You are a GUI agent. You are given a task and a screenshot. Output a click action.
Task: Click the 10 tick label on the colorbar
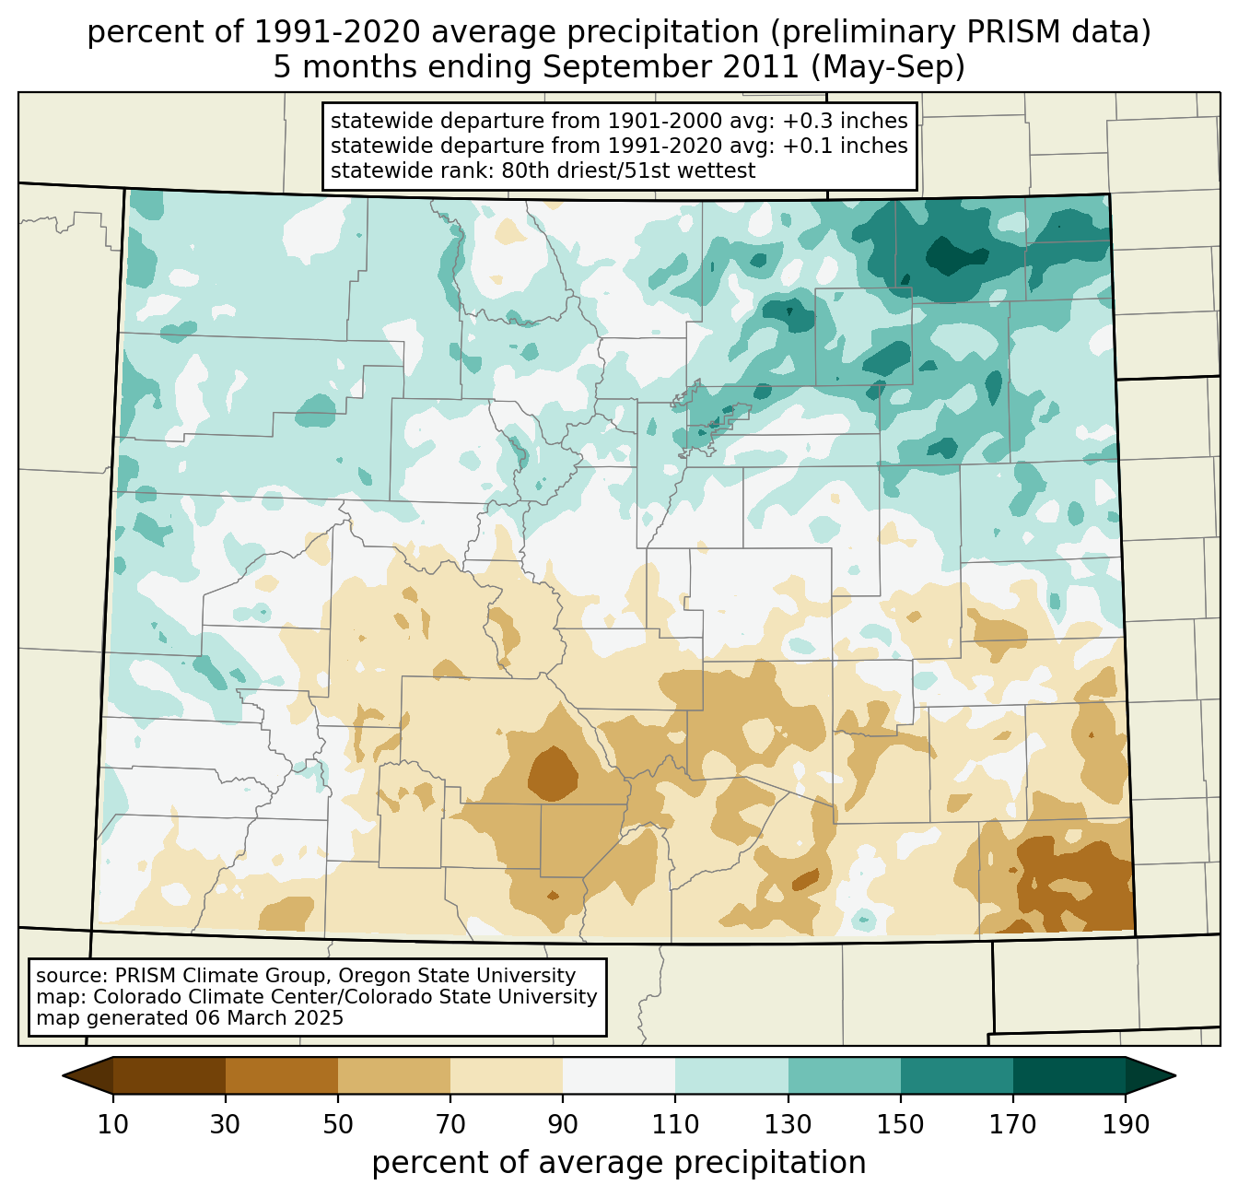point(113,1125)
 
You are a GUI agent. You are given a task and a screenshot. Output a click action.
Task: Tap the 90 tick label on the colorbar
point(563,1125)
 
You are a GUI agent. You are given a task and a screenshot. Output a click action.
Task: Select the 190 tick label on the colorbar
point(1126,1125)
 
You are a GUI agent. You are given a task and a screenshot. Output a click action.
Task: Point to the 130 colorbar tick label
point(788,1125)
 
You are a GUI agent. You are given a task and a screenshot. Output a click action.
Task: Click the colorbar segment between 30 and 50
point(282,1075)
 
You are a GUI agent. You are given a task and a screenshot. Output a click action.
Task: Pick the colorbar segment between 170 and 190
point(1069,1075)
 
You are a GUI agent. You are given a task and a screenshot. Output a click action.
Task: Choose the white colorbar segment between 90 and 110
point(619,1075)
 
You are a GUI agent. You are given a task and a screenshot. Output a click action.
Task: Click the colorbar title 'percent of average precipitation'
point(619,1163)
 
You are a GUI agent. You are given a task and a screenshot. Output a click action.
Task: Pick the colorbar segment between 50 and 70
point(394,1075)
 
